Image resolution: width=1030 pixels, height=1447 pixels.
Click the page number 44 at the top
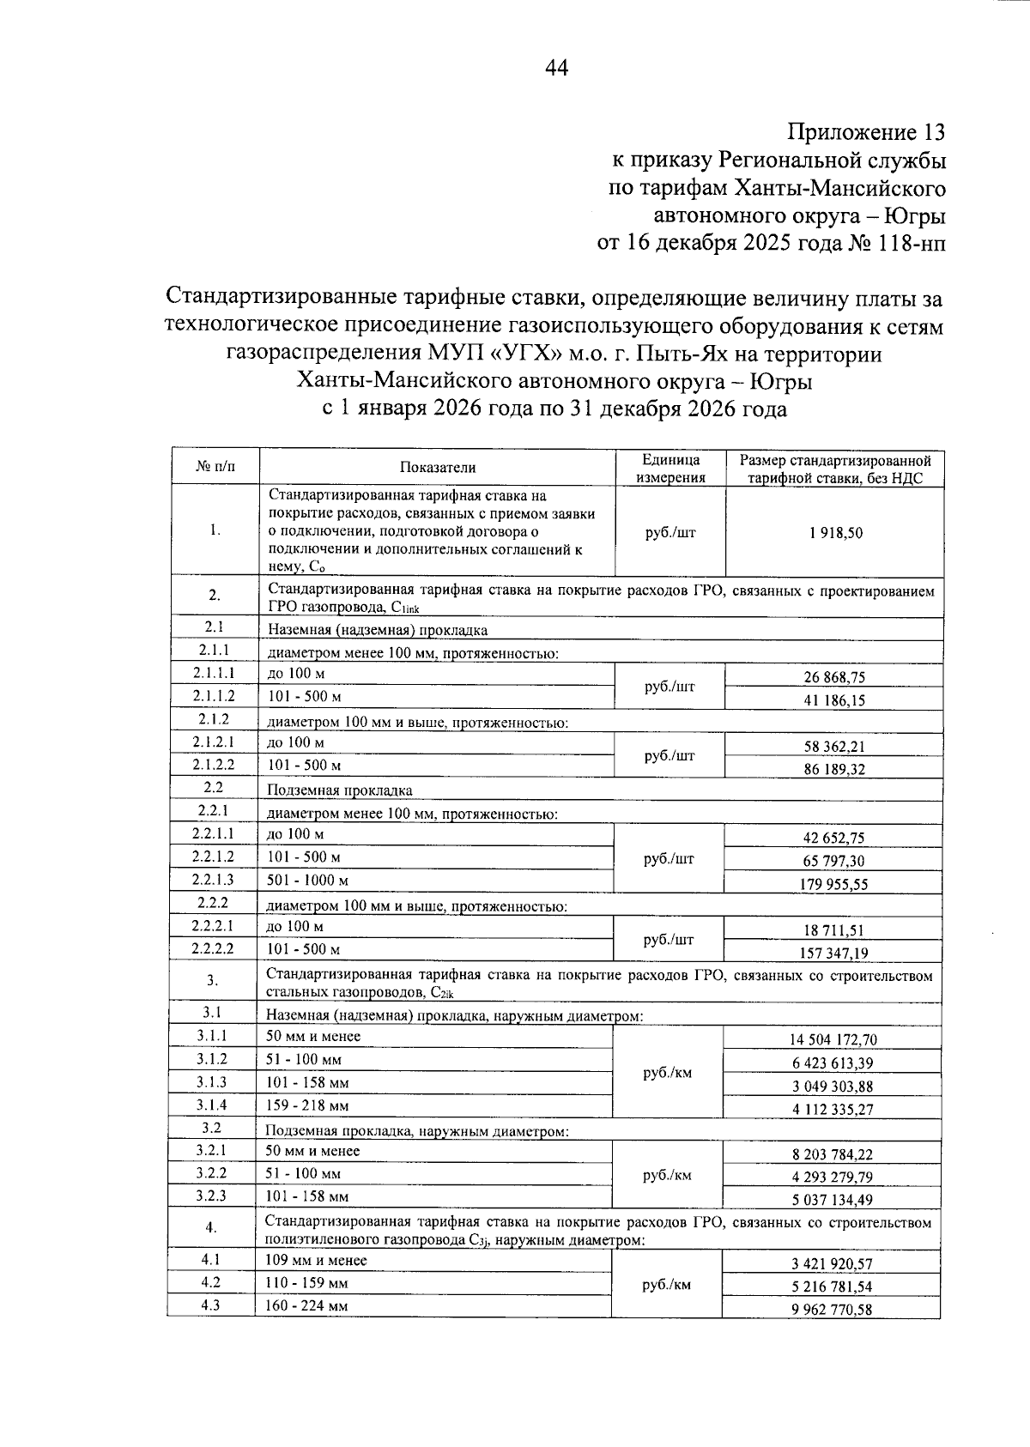coord(556,68)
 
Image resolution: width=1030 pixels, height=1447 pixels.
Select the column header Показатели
coord(437,468)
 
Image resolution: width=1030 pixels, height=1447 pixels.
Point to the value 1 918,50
coord(834,532)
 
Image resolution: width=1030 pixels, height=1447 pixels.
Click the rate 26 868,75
coord(833,677)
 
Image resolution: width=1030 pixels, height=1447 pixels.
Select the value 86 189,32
coord(833,769)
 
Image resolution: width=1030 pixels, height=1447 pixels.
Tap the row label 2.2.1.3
coord(213,880)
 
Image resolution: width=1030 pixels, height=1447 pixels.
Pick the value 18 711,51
coord(833,929)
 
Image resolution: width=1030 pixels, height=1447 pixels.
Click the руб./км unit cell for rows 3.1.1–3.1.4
coord(667,1073)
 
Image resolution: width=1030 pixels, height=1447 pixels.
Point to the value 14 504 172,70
coord(833,1039)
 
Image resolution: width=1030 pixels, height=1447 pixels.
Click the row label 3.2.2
coord(211,1173)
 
